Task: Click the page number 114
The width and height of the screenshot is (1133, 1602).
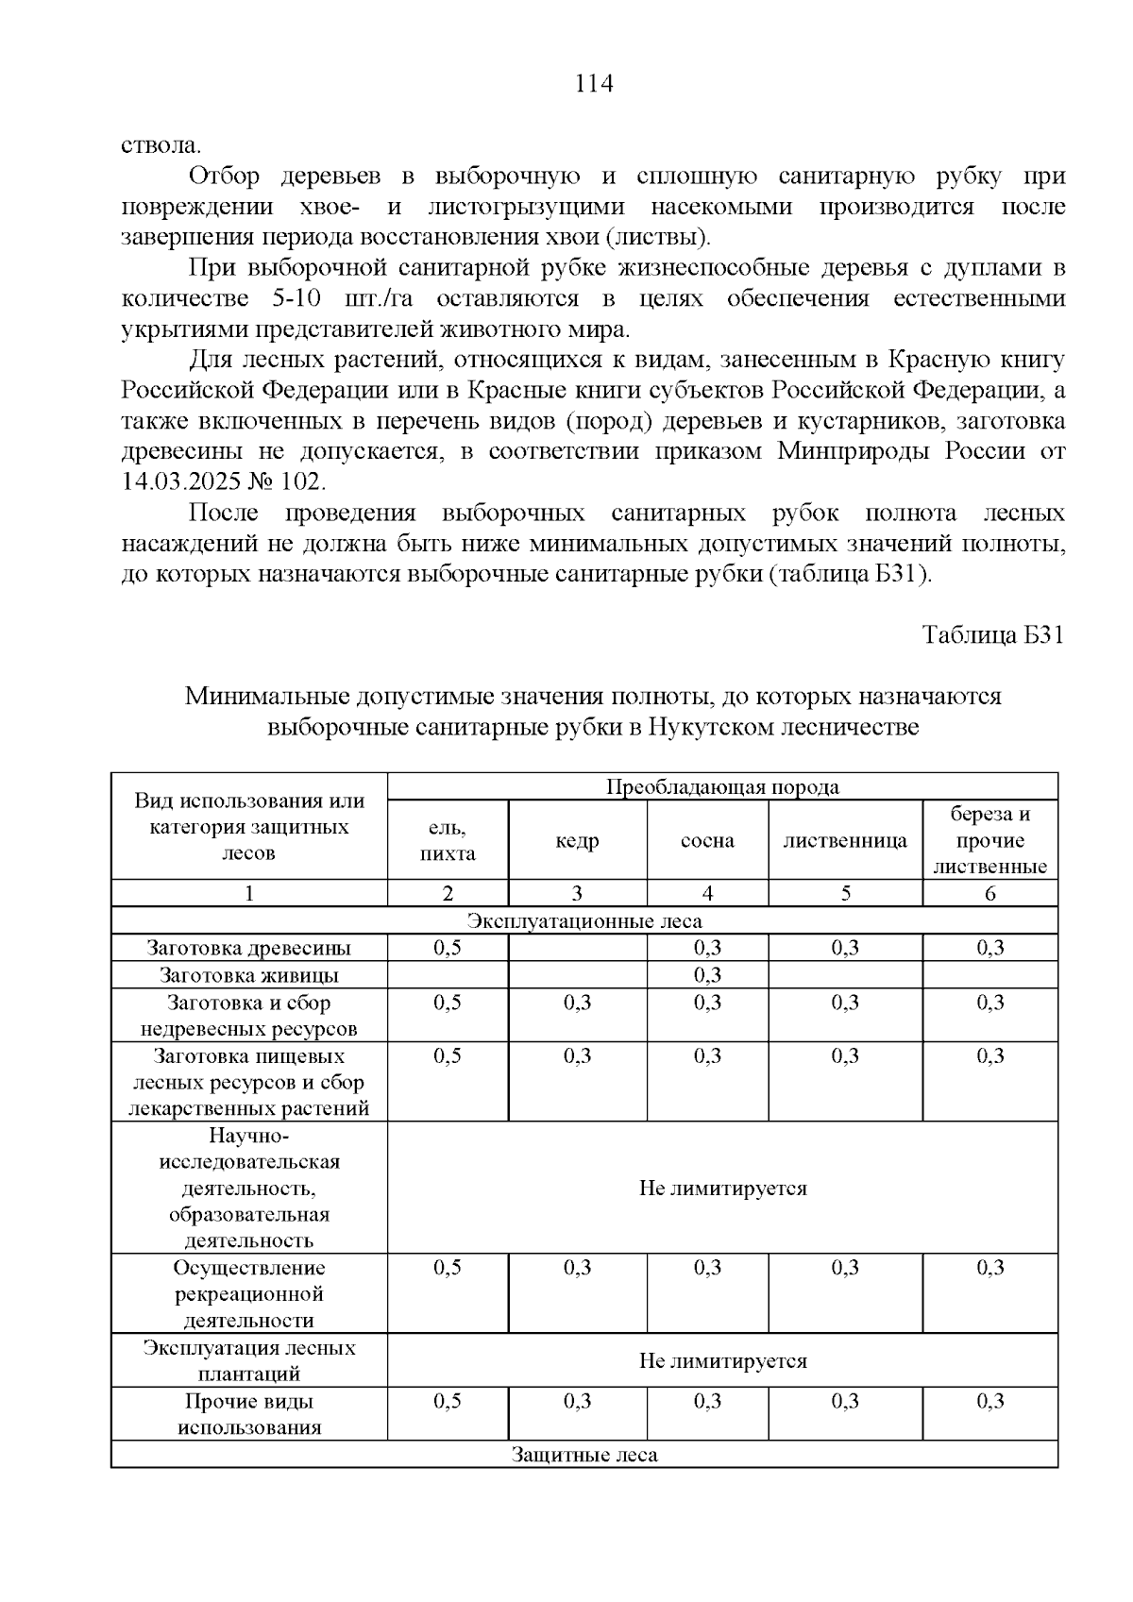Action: [x=594, y=84]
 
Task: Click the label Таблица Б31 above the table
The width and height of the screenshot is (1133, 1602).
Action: [x=993, y=634]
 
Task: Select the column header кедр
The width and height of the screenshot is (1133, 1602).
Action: [x=577, y=840]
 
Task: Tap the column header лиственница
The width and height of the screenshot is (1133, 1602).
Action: [x=845, y=840]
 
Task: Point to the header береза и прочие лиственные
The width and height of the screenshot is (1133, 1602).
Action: [x=989, y=840]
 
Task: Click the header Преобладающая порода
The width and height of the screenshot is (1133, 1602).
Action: [x=722, y=786]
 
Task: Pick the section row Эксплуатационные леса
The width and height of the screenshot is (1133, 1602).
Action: [x=584, y=920]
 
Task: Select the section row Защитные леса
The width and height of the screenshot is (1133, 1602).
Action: [x=584, y=1454]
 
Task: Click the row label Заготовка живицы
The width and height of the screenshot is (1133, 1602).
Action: [x=249, y=975]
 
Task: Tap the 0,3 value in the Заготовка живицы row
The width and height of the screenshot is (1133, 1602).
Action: [x=707, y=974]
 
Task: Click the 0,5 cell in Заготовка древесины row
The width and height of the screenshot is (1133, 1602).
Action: [x=448, y=948]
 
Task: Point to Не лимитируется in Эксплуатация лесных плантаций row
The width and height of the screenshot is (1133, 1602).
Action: [x=722, y=1360]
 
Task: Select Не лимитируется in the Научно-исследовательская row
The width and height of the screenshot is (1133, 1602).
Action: [x=722, y=1188]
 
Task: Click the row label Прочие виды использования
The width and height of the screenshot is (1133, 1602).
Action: [x=249, y=1414]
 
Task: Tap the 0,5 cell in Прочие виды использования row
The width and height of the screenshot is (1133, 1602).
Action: [x=448, y=1401]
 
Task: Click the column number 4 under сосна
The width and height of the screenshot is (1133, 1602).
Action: [x=707, y=893]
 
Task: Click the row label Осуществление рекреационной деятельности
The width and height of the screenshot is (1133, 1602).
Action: [x=249, y=1293]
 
